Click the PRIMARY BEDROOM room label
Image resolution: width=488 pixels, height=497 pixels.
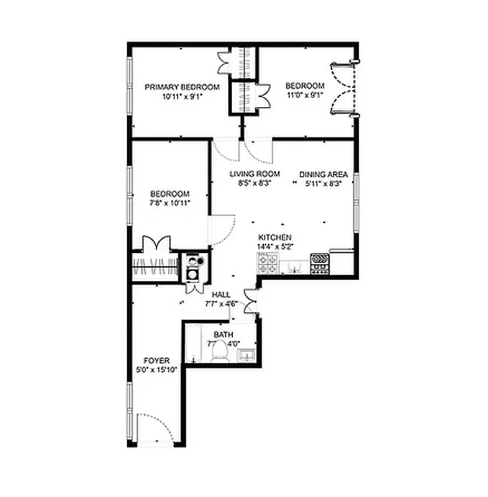tap(182, 87)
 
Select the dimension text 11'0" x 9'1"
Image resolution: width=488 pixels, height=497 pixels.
tap(305, 96)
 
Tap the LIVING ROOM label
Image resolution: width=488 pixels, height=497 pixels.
tap(254, 174)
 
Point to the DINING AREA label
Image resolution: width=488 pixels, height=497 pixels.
tap(323, 174)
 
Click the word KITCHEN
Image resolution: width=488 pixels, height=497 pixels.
tap(275, 238)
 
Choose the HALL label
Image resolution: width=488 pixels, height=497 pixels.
tap(222, 295)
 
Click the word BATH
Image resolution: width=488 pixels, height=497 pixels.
tap(223, 334)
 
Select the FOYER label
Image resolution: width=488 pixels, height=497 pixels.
tap(156, 360)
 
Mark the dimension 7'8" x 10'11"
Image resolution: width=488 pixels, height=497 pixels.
tap(168, 203)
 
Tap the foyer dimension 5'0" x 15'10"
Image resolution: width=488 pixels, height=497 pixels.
tap(156, 370)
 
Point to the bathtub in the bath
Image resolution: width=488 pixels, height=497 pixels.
tap(193, 345)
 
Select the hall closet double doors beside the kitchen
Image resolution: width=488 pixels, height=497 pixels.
tap(250, 300)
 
